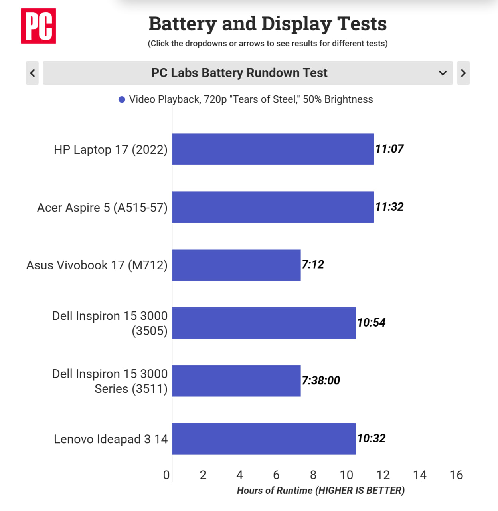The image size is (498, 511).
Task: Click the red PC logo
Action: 38,26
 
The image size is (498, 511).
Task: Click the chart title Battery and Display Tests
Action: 267,24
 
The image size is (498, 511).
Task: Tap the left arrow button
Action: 32,73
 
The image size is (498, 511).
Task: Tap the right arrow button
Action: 463,73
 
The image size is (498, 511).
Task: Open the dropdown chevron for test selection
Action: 443,73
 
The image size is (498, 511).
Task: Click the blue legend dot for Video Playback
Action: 122,99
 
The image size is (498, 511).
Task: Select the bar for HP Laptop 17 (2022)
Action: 273,149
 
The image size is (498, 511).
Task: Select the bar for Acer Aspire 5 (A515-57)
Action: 273,207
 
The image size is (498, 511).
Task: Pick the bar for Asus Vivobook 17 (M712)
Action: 236,265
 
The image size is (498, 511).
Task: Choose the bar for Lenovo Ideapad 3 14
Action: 264,439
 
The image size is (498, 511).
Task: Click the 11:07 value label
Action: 389,149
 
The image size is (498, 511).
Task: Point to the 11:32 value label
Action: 389,207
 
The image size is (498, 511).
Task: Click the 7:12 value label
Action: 312,265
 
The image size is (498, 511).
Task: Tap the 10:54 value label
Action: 371,323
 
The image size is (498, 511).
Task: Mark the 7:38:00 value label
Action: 320,380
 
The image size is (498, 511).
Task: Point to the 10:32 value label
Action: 371,438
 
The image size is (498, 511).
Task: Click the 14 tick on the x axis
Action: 419,475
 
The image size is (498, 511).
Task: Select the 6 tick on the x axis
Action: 276,475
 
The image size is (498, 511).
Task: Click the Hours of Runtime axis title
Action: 320,491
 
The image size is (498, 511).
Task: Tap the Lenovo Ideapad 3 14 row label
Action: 111,439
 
